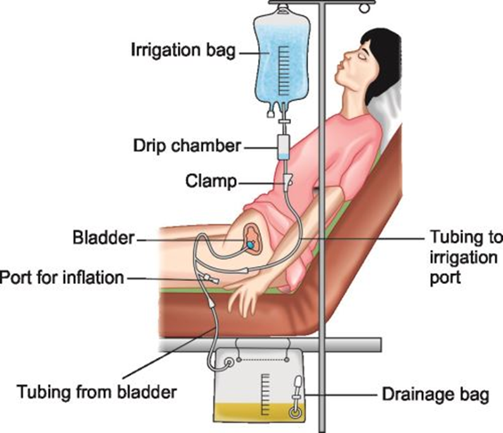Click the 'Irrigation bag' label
point(182,49)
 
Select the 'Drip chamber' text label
point(187,146)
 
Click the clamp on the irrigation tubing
point(288,181)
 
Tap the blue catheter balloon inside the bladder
point(252,243)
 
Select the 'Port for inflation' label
point(63,277)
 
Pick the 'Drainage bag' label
point(435,395)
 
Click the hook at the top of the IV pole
point(363,7)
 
